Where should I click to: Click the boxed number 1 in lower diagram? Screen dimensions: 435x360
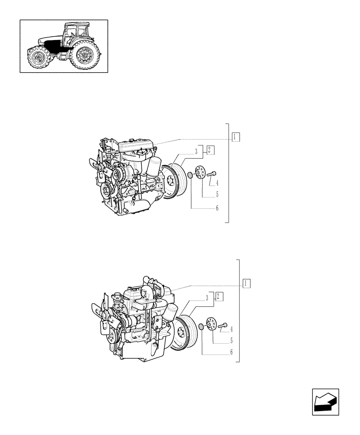(247, 283)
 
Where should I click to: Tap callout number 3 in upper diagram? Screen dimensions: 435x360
(197, 151)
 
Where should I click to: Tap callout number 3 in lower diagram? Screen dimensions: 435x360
(207, 298)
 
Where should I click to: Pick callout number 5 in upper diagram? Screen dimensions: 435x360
(217, 195)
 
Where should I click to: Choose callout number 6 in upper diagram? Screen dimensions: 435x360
(217, 208)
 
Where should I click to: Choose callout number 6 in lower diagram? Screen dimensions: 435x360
(231, 352)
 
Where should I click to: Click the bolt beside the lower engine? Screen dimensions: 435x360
(223, 325)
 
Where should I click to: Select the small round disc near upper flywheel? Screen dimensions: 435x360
(190, 176)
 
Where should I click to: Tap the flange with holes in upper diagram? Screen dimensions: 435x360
(200, 173)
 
